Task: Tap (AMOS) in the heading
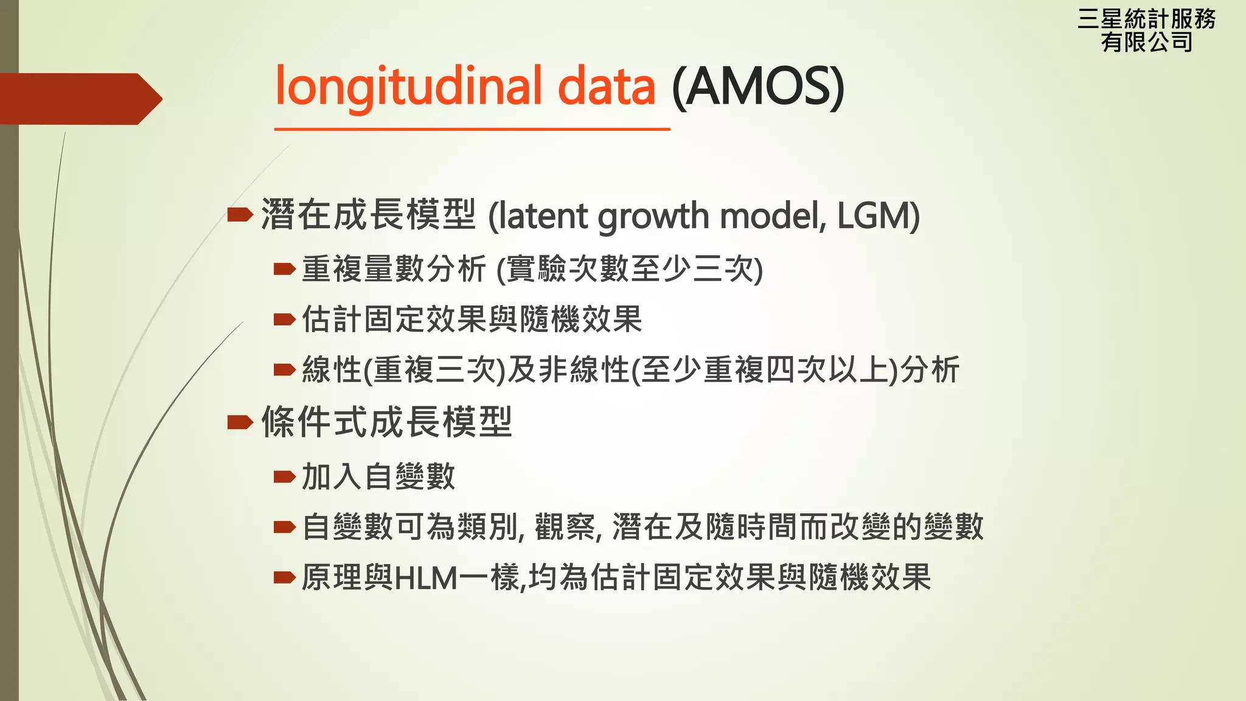pos(758,86)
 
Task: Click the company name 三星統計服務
pos(1146,19)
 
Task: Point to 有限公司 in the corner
pos(1146,43)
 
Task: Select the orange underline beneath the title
pos(472,129)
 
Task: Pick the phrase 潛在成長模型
pos(368,215)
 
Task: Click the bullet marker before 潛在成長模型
pos(240,214)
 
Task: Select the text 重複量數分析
pos(394,269)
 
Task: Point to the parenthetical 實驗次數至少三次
pos(630,269)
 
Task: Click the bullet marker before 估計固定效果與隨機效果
pos(284,319)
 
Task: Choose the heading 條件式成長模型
pos(387,422)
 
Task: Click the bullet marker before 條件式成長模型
pos(240,422)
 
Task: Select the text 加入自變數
pos(378,476)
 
